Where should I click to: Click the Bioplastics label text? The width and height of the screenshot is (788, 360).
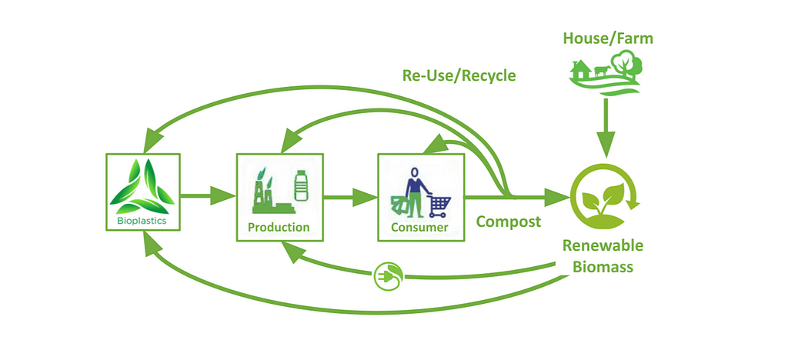point(142,221)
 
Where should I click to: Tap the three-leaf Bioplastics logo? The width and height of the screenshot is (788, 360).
point(142,186)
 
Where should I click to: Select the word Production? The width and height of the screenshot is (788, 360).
point(279,227)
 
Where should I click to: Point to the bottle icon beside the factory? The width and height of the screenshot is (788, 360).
point(301,185)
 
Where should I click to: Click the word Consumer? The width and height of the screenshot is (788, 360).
point(420,228)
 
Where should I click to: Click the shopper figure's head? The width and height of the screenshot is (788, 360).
point(414,173)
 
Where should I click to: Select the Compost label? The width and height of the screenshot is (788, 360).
point(509,222)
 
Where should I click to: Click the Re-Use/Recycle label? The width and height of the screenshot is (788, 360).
point(459,76)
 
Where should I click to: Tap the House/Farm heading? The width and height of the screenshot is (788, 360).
point(608,38)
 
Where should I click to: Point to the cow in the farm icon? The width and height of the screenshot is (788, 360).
point(602,71)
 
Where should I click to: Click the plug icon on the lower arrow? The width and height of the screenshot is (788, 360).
point(389,275)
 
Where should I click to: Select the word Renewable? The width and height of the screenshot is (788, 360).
point(603,246)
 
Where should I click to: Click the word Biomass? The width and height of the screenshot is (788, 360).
point(603,267)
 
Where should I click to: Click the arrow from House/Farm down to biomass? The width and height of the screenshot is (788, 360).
point(606,128)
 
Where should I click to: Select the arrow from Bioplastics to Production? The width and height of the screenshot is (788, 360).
point(208,196)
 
